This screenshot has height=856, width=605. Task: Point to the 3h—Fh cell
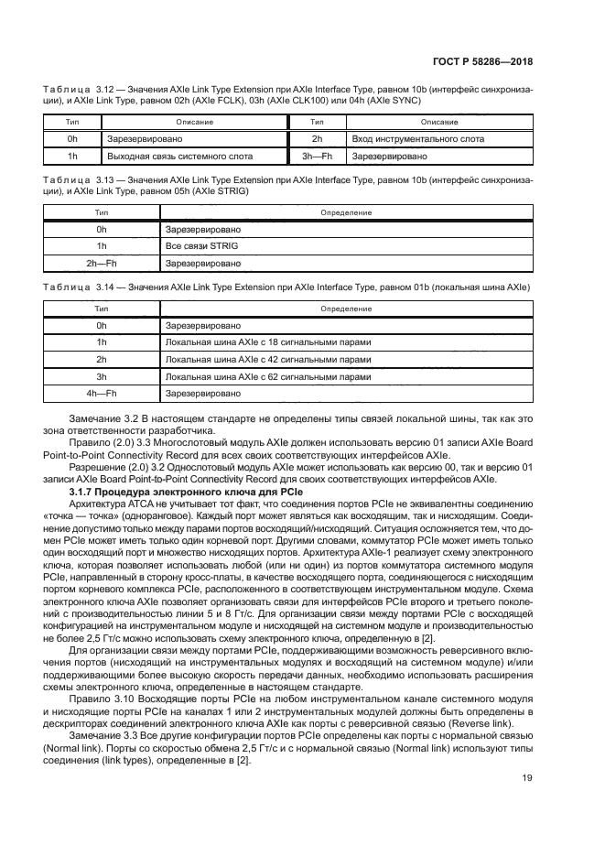coord(316,157)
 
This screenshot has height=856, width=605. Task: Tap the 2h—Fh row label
coord(102,263)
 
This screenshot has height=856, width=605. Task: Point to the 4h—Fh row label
coord(102,394)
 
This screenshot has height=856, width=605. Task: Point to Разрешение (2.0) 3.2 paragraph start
coord(122,467)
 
